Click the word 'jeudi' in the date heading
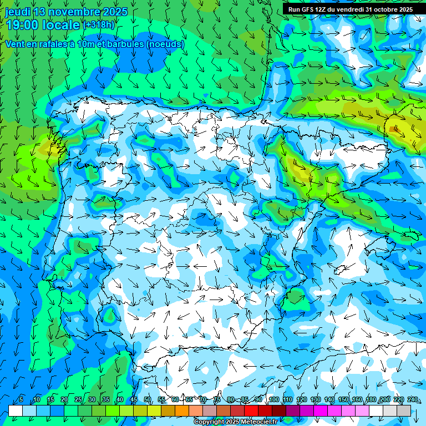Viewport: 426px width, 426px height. point(17,12)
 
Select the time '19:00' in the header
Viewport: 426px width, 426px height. point(23,25)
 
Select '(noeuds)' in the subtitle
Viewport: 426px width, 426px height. point(165,44)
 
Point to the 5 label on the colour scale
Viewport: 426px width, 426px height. point(21,399)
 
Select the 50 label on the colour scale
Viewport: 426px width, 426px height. point(148,399)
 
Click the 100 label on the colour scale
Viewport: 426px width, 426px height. point(274,399)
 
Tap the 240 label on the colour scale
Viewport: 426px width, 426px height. point(413,399)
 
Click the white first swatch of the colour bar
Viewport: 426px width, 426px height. point(16,410)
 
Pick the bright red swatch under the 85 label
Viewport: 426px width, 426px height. point(251,410)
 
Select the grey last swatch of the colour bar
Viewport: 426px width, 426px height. point(404,410)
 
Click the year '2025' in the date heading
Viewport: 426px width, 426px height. point(115,12)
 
